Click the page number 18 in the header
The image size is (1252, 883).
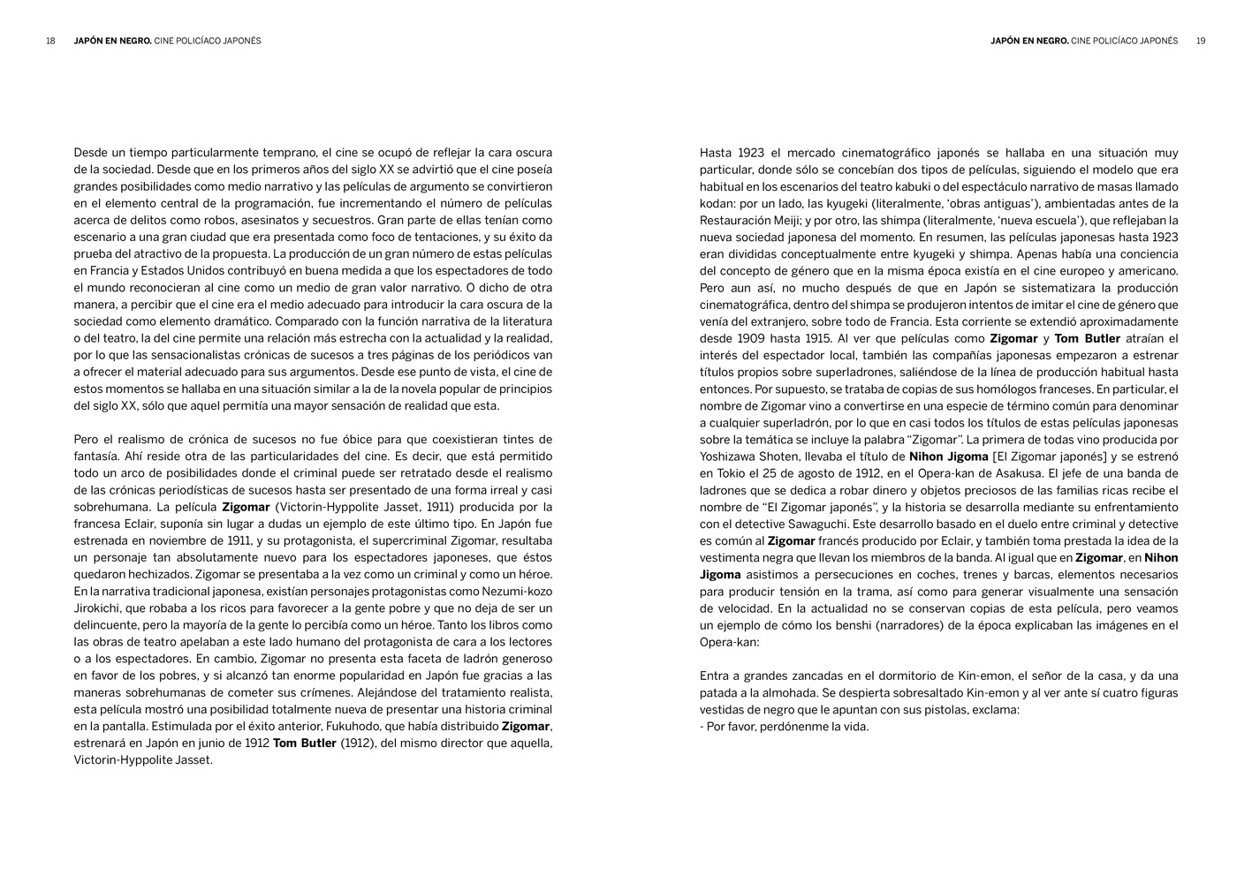[x=50, y=41]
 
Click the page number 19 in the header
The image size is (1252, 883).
[x=1201, y=41]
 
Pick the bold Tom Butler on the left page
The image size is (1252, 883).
[x=304, y=743]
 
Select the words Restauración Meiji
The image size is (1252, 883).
[x=751, y=220]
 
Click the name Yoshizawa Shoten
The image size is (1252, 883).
[x=746, y=457]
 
